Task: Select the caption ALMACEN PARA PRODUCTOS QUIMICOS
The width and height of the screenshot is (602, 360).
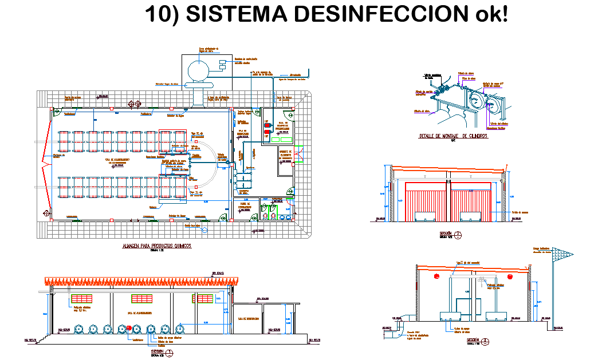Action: click(x=156, y=246)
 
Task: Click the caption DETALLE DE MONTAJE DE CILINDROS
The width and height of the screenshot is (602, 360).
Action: click(x=453, y=136)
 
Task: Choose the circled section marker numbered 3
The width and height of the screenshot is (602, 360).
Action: click(x=486, y=341)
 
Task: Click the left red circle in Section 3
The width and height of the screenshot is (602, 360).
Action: click(x=438, y=276)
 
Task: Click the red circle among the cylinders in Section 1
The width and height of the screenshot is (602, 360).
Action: click(x=129, y=329)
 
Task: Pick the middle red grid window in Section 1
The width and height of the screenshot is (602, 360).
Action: click(x=143, y=299)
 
